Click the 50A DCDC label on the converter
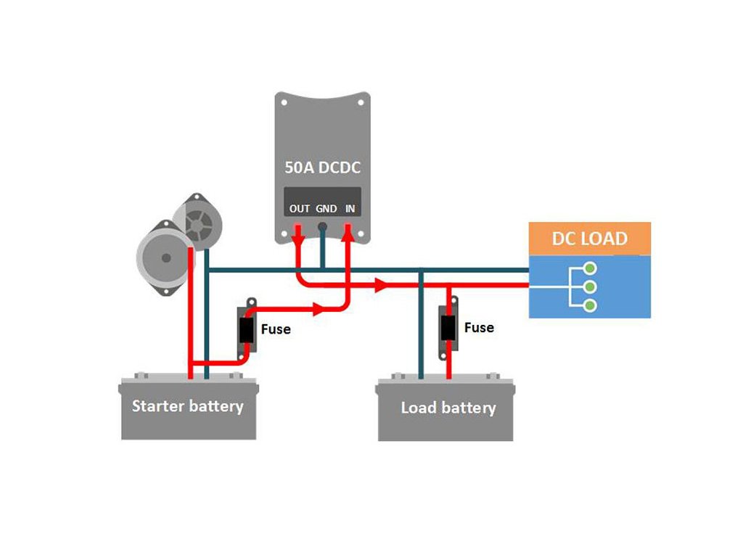[322, 168]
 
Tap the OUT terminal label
[299, 209]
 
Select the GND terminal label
[326, 209]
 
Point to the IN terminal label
[350, 209]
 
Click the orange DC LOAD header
[589, 238]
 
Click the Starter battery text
[187, 405]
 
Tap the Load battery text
[448, 408]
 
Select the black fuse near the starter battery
[247, 331]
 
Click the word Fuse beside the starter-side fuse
[275, 329]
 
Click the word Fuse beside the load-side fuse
[479, 328]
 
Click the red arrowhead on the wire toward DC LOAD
[379, 284]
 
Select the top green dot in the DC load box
[590, 265]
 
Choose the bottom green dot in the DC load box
[590, 306]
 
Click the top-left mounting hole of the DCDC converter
[284, 102]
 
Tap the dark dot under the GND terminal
[323, 226]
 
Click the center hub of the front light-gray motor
[166, 257]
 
